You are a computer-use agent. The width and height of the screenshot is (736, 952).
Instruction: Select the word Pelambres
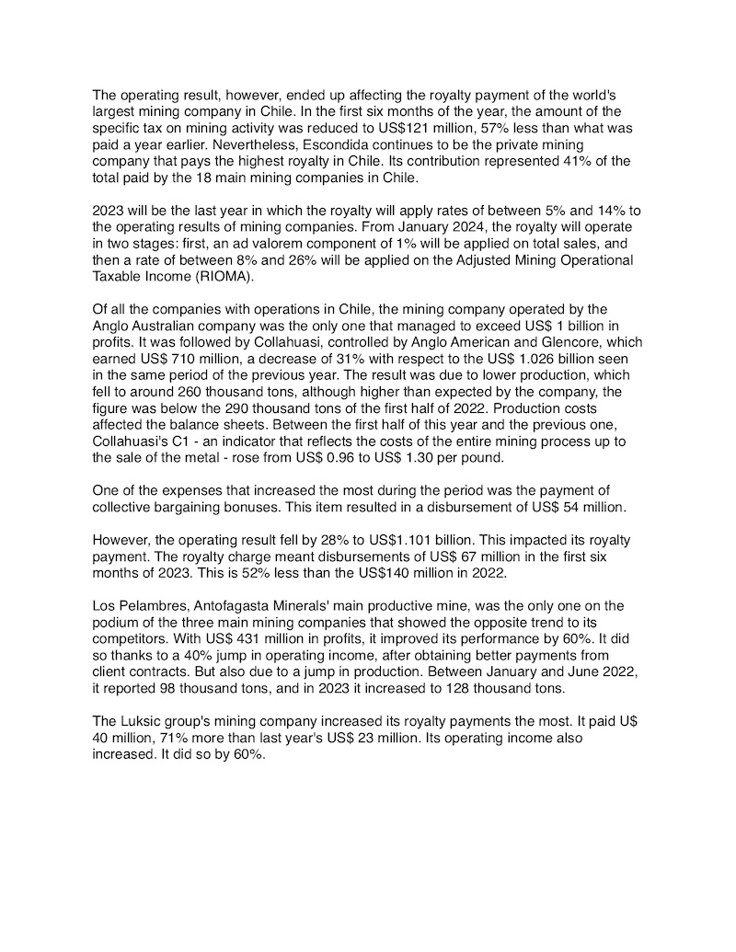(x=150, y=606)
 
